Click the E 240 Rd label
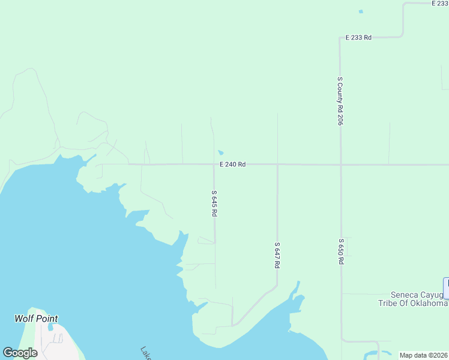click(232, 164)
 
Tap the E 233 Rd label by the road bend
click(358, 37)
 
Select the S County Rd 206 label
click(340, 101)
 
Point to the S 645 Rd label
click(214, 204)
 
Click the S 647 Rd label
click(277, 255)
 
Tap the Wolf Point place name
click(36, 319)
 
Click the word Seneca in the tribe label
click(408, 295)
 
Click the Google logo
click(20, 353)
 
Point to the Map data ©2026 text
click(423, 355)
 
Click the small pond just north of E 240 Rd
click(221, 152)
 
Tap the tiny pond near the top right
click(360, 11)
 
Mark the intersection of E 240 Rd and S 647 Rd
click(277, 164)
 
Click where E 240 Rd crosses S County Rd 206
click(340, 164)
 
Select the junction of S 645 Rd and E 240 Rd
click(214, 164)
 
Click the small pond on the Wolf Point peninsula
click(50, 328)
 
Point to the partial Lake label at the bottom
click(146, 353)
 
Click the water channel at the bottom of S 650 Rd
click(376, 353)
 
